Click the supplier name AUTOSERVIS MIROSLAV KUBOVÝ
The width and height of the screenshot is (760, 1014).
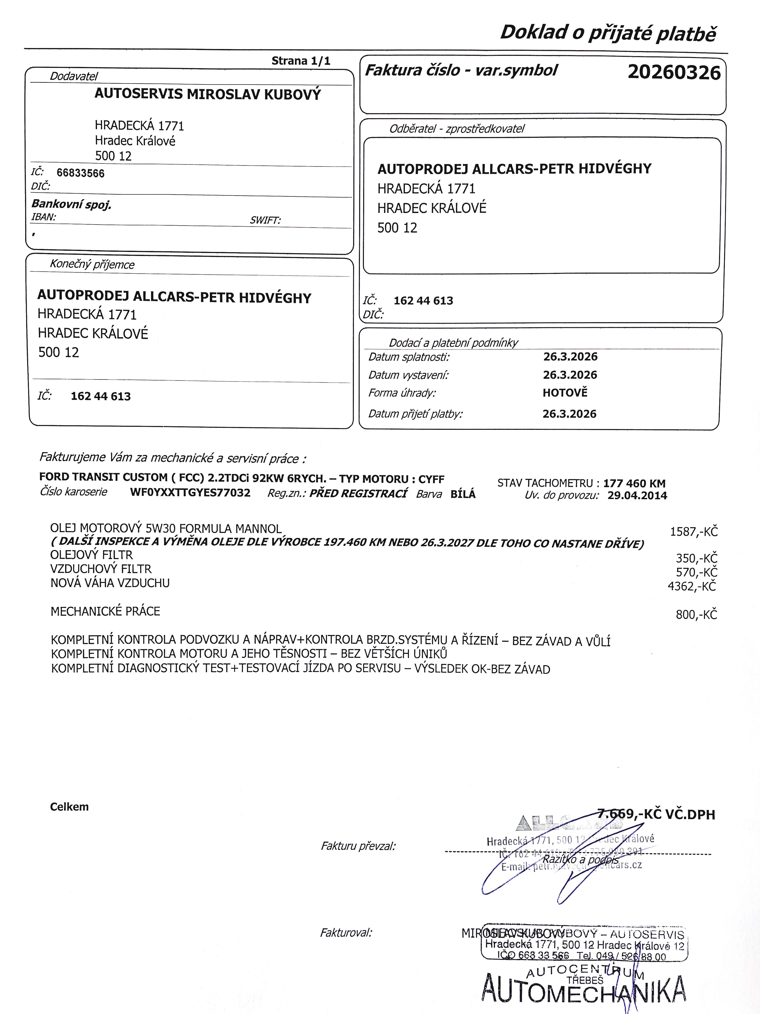click(x=208, y=94)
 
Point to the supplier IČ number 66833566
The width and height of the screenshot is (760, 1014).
click(x=81, y=173)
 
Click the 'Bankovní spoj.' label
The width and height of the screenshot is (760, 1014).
click(x=71, y=204)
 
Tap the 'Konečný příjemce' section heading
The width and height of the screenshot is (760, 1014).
click(x=92, y=265)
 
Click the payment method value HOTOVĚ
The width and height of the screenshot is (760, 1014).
click(x=565, y=393)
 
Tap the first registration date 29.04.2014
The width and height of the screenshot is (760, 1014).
click(x=637, y=495)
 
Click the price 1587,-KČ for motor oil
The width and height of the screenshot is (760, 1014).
click(x=694, y=532)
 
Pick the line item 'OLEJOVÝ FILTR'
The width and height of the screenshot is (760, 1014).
click(x=92, y=555)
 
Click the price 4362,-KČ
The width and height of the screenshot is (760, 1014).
click(x=692, y=586)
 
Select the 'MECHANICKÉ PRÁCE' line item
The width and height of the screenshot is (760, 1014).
click(x=105, y=612)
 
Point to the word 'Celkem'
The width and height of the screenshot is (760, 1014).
click(x=69, y=807)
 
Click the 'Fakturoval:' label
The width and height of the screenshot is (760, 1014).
click(x=346, y=933)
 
